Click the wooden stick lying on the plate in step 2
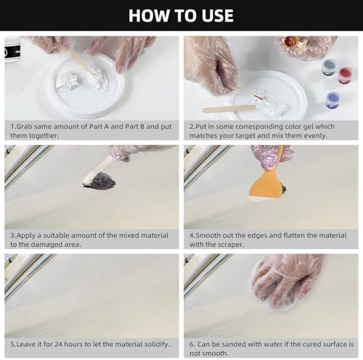coord(229,110)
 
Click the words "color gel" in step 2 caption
coord(299,126)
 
